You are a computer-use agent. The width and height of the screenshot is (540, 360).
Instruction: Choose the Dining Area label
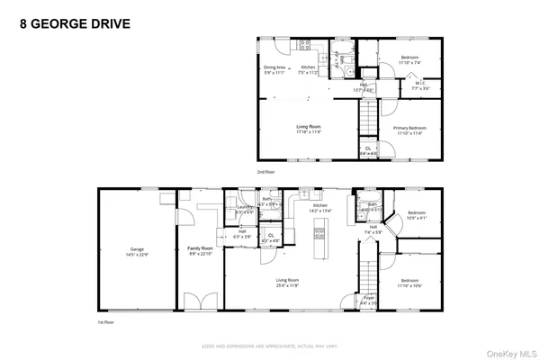[x=274, y=67]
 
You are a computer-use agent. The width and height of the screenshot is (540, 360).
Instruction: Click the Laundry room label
[x=244, y=210]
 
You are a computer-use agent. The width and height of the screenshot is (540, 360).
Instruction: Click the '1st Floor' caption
[x=106, y=320]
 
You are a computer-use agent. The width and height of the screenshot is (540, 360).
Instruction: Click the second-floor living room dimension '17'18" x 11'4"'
[x=309, y=132]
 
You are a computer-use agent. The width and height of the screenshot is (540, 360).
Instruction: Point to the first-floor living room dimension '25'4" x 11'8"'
[x=288, y=285]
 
